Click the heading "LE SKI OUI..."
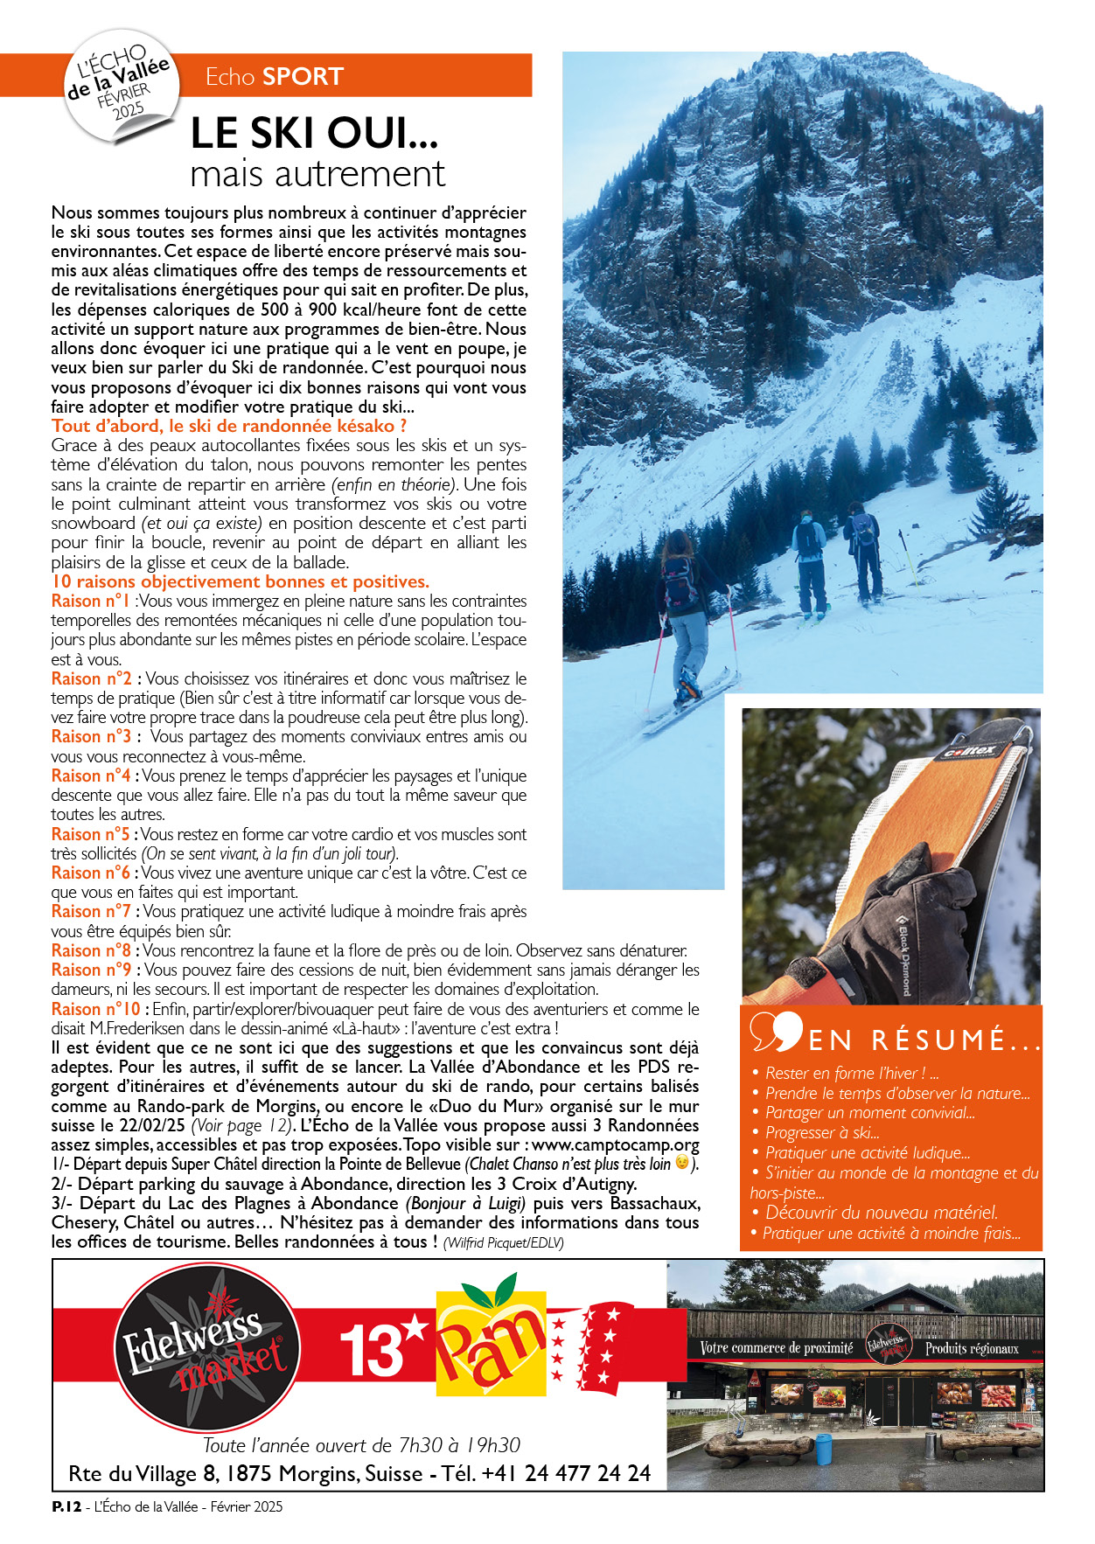pos(314,133)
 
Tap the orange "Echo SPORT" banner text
pos(274,77)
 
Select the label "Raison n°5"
pos(90,834)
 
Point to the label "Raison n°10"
pos(94,1009)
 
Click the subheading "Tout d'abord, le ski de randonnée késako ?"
pos(229,426)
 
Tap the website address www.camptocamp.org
pos(616,1144)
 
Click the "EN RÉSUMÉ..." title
pos(923,1040)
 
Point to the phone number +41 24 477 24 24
pos(565,1473)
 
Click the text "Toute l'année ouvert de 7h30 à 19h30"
pos(361,1445)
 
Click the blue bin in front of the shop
pos(823,1449)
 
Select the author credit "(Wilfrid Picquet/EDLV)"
pos(503,1242)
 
